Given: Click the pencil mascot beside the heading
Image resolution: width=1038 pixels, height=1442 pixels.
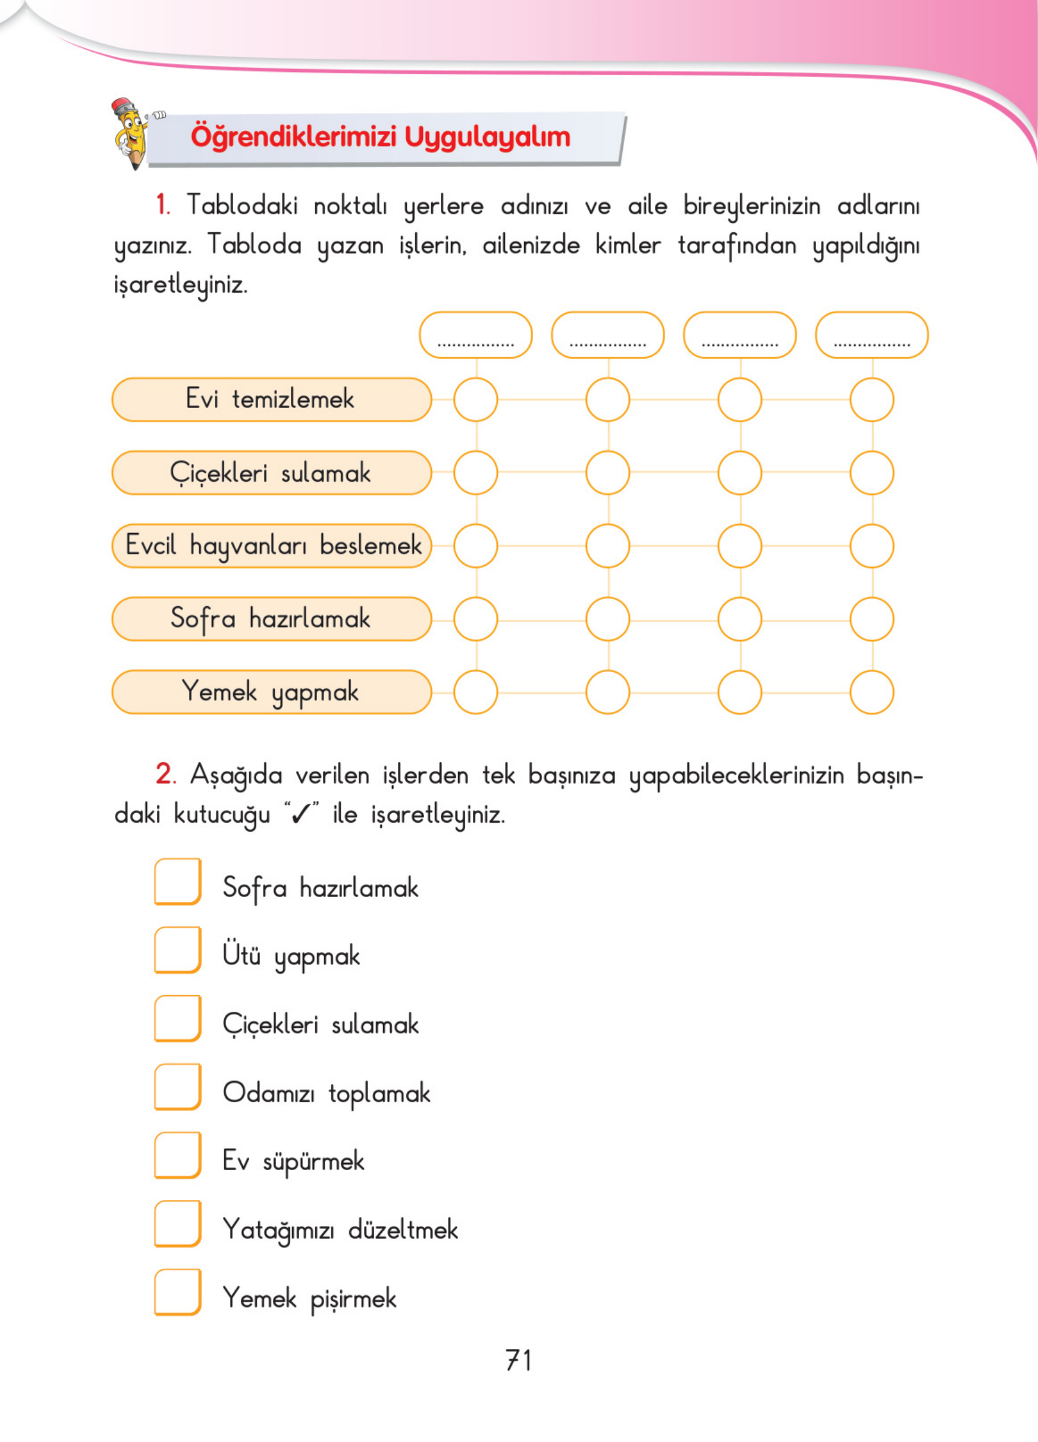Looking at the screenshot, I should click(132, 133).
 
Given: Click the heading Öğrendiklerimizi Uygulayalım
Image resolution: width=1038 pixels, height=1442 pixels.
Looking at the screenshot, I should click(380, 137).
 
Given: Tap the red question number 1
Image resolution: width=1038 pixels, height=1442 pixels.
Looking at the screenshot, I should click(163, 205).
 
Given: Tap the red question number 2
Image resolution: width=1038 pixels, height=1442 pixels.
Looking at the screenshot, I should click(165, 775).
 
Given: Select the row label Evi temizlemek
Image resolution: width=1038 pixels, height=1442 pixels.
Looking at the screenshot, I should click(271, 400).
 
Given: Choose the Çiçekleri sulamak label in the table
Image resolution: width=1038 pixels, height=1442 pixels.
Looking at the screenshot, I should click(271, 473).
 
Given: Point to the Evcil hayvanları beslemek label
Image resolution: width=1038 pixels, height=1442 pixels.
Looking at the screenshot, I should click(272, 546).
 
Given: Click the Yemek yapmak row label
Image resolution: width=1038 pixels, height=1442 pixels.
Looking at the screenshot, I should click(271, 692).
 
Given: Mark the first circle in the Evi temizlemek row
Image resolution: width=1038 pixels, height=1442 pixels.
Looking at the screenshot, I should click(475, 400).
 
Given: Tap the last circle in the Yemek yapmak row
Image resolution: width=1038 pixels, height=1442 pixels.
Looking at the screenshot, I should click(871, 692).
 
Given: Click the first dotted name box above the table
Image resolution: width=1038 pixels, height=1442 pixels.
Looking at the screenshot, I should click(475, 335).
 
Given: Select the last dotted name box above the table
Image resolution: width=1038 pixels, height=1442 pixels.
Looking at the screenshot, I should click(871, 335).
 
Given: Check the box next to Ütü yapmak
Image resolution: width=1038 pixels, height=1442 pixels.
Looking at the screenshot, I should click(178, 950).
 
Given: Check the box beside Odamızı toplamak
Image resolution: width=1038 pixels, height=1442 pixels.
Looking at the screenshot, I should click(178, 1087).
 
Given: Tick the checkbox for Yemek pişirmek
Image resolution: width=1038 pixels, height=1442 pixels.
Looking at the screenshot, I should click(178, 1292).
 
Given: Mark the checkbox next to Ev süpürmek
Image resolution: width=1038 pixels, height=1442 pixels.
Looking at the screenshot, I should click(178, 1155).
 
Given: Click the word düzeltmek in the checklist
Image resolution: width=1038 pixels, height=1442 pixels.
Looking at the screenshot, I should click(403, 1230).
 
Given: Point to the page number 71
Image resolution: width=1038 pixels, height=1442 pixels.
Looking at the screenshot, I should click(519, 1360).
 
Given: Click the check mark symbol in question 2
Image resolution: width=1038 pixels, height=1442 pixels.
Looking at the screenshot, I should click(302, 813).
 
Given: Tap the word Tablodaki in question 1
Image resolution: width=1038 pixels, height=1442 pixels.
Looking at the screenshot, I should click(242, 205).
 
